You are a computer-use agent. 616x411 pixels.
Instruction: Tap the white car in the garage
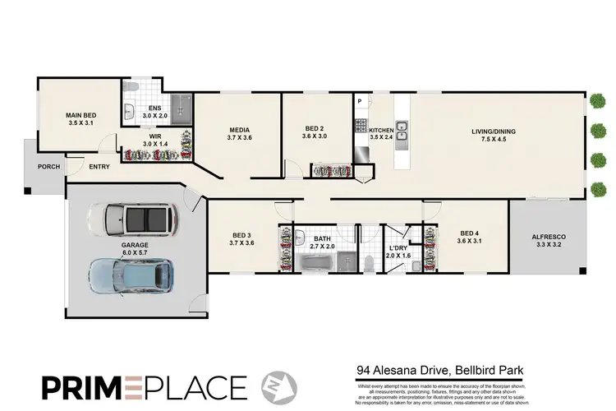tap(139, 219)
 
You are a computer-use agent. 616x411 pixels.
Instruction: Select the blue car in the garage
tap(131, 276)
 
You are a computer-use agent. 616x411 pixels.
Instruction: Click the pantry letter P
tap(360, 101)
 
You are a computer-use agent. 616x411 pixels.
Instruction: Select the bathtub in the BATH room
tap(315, 264)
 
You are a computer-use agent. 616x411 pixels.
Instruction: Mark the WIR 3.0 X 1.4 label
tap(154, 140)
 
